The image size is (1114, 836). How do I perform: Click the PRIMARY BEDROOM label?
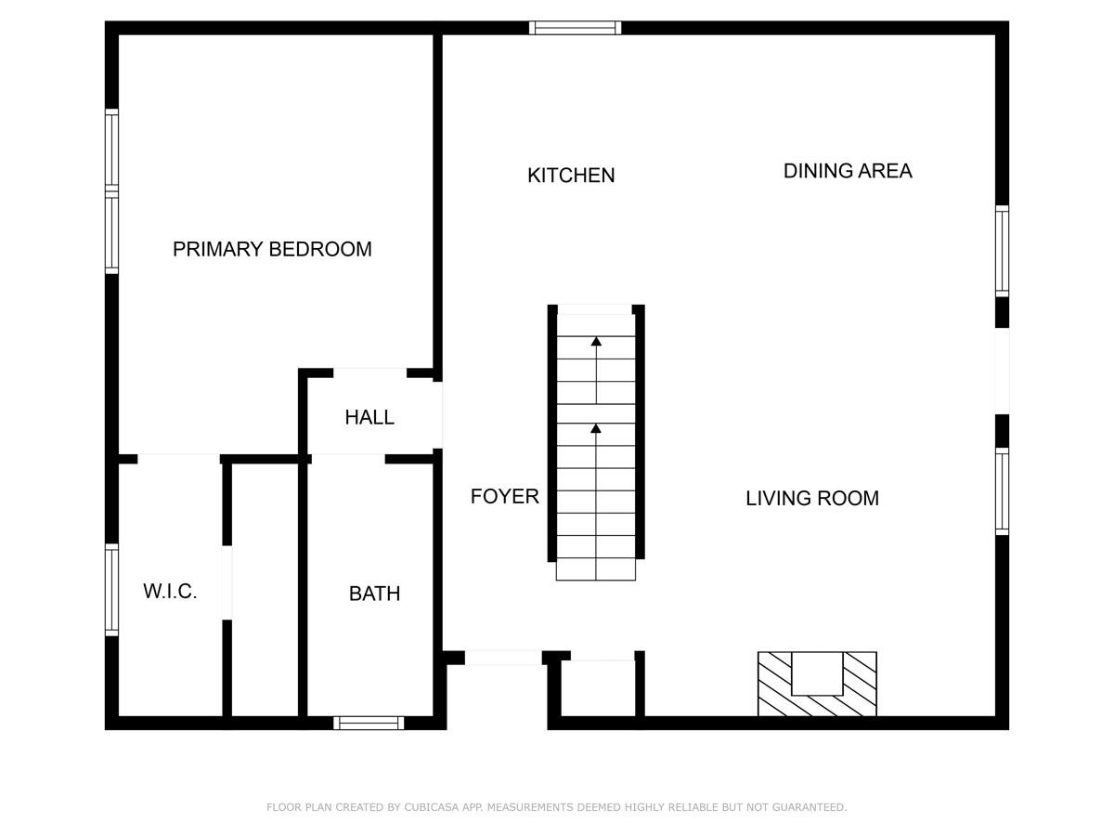(x=272, y=249)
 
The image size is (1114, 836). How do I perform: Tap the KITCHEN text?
(x=571, y=176)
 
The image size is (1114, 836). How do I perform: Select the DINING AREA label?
(x=848, y=171)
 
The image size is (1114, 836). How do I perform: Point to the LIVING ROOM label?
(x=812, y=498)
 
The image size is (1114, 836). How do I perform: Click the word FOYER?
(x=504, y=496)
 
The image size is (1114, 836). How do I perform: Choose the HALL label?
(x=369, y=417)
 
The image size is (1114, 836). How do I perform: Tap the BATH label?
(x=374, y=594)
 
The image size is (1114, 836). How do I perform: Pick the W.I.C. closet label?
(x=170, y=592)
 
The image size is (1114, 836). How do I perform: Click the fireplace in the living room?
(x=817, y=684)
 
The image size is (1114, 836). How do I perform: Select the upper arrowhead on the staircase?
(x=596, y=342)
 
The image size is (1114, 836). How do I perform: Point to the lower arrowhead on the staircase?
(x=596, y=428)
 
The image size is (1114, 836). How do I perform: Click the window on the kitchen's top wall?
(x=575, y=28)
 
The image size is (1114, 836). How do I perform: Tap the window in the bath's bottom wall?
(x=369, y=723)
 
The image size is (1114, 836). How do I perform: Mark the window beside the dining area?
(x=1002, y=251)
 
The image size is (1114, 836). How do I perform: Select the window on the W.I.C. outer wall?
(x=111, y=590)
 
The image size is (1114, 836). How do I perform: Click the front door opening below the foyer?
(x=502, y=658)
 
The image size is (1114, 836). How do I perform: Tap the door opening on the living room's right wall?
(x=1002, y=371)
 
